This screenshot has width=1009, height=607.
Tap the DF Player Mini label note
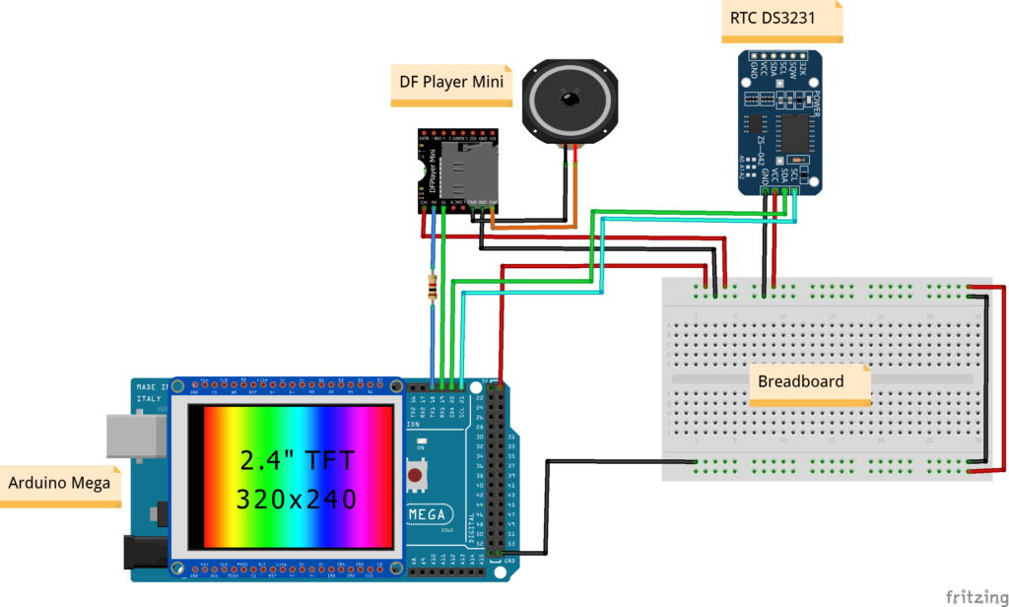click(451, 82)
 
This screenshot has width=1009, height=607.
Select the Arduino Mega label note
click(59, 483)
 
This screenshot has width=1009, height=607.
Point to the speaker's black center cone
click(570, 100)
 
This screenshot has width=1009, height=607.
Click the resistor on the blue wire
click(432, 288)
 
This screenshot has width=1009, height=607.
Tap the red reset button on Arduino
click(417, 478)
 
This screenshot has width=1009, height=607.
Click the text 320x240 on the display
click(296, 499)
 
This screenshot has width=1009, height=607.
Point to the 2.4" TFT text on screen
click(296, 459)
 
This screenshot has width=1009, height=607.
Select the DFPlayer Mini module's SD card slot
click(454, 175)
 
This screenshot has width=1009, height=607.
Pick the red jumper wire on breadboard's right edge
click(1003, 379)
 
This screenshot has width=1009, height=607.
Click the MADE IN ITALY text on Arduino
click(152, 392)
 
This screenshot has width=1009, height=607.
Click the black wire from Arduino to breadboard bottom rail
click(548, 507)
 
